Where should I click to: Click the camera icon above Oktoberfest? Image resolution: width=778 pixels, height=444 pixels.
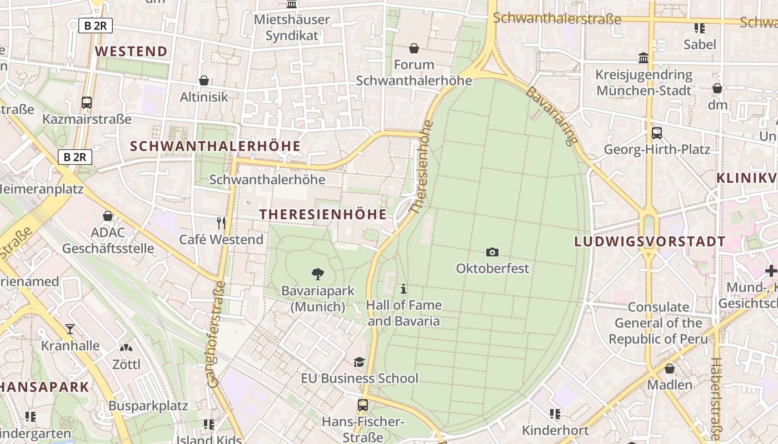492,253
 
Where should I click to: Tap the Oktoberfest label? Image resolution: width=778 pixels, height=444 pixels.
492,269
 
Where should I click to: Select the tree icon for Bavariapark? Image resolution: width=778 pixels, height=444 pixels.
318,274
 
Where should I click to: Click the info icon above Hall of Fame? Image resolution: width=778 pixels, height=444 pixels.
404,289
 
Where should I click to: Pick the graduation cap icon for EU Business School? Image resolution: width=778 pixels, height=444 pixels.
360,362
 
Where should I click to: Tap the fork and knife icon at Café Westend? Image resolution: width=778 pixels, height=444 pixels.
221,223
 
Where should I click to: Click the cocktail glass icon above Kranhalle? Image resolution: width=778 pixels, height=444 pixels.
70,329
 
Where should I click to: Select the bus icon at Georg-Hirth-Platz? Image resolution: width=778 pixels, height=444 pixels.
657,133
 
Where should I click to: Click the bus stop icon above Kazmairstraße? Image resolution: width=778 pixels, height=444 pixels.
87,103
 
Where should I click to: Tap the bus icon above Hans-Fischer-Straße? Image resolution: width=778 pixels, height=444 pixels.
363,405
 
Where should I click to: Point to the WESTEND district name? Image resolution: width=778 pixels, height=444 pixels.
131,52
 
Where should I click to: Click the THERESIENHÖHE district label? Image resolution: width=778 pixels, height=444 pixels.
323,215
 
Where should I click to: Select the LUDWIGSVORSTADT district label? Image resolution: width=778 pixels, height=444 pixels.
650,241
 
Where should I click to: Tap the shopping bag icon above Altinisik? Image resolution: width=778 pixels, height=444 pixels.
204,81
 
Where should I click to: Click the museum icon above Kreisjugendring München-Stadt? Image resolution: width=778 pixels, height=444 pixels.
644,58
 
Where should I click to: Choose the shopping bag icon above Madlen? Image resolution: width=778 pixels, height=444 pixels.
670,369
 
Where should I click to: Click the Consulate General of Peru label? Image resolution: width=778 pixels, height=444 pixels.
658,323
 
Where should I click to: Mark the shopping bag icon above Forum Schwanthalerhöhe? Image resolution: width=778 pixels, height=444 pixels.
413,49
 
